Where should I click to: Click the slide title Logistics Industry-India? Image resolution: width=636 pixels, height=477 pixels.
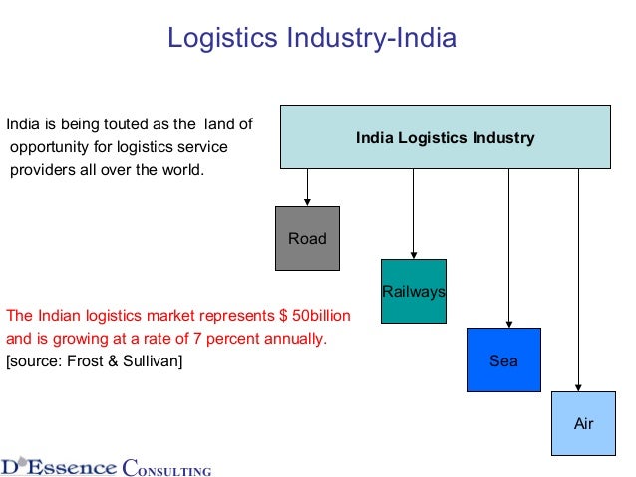coord(311,39)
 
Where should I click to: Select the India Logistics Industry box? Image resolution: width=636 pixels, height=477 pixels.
coord(445,137)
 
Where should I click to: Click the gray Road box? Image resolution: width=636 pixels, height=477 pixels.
coord(307,238)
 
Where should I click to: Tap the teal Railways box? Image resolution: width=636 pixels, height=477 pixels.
coord(413,291)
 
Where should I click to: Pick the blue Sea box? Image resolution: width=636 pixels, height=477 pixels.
coord(503,360)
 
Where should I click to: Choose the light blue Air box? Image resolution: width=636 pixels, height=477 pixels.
coord(583,424)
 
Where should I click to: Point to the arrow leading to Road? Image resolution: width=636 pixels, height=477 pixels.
coord(307,187)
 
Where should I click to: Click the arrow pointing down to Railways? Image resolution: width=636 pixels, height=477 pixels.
coord(413,213)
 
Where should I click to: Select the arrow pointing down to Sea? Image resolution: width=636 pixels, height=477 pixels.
coord(509,248)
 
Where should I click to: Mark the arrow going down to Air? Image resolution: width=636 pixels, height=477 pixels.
coord(578,280)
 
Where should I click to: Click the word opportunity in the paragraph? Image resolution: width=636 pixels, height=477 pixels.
coord(47,148)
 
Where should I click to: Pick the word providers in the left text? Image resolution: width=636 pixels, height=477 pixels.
coord(43,168)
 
